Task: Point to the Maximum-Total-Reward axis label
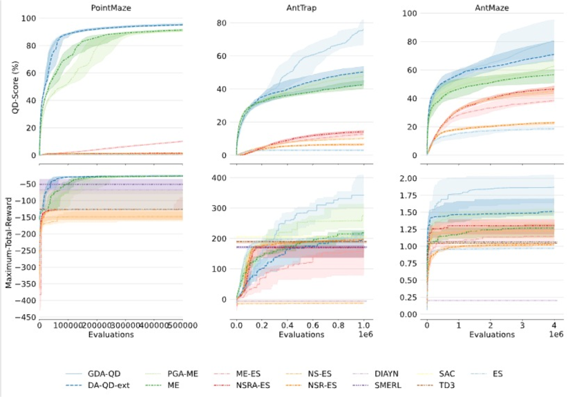[8, 242]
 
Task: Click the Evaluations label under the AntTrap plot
[301, 335]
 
